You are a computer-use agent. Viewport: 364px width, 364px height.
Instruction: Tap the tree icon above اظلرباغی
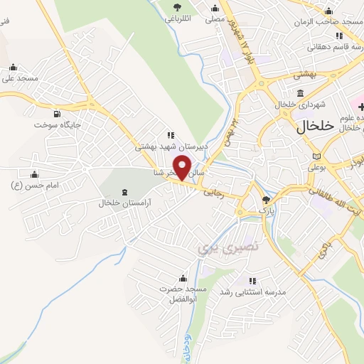tap(176, 8)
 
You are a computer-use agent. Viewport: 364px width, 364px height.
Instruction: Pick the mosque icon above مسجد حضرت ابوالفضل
tap(183, 277)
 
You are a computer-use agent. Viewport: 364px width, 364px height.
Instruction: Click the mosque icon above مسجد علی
tap(13, 68)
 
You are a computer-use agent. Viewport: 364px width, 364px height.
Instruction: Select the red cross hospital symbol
tap(352, 105)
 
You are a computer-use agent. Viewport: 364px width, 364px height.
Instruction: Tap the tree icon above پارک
tap(266, 200)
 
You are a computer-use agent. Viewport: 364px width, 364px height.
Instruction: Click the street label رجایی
tap(214, 192)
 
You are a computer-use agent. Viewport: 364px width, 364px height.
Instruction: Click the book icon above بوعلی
tap(316, 156)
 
